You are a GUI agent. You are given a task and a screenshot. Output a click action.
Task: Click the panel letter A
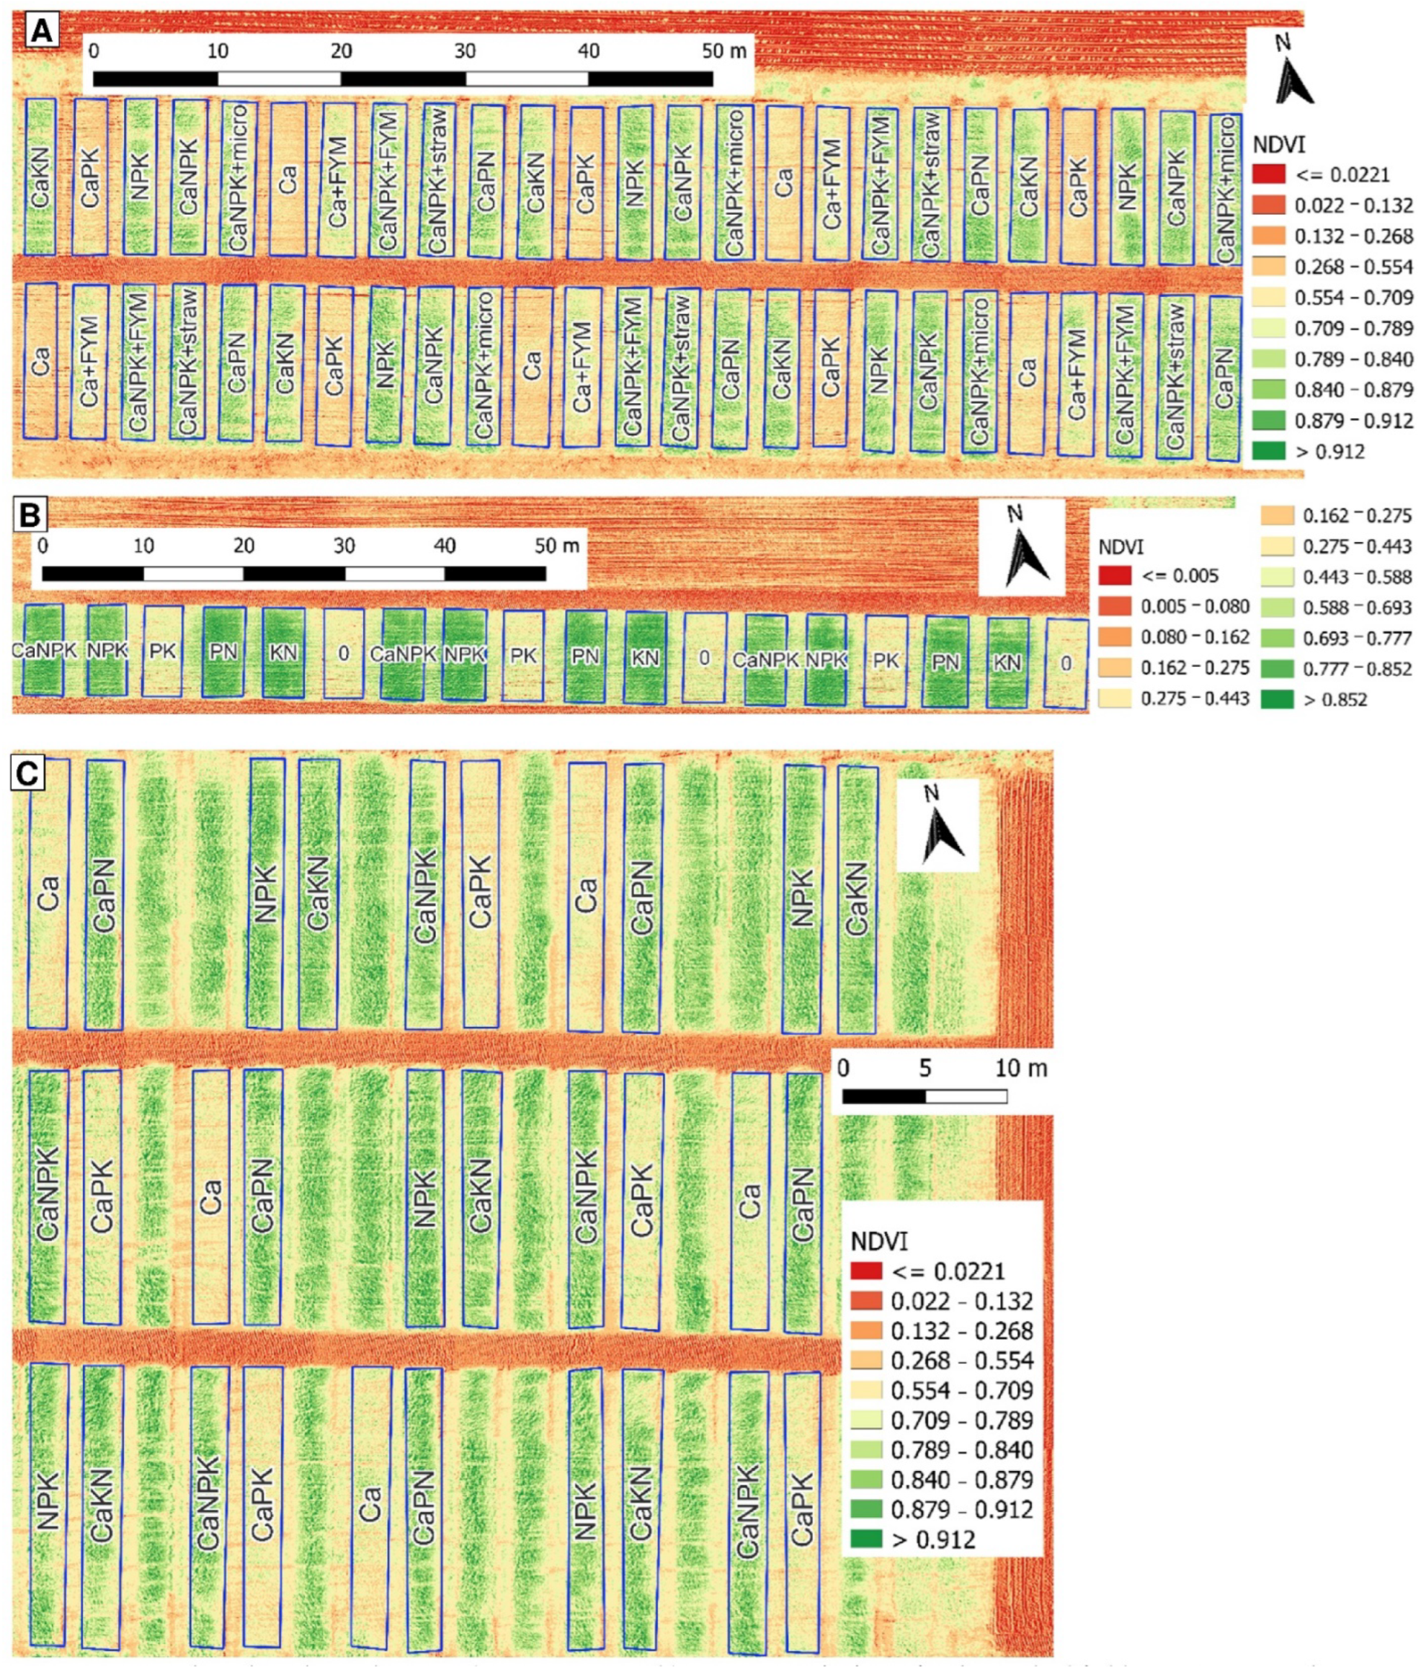point(40,32)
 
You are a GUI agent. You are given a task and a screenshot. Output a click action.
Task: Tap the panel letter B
point(30,515)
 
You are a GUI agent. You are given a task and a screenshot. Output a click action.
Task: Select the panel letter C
point(27,773)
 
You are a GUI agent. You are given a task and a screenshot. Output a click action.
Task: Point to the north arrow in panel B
point(1023,547)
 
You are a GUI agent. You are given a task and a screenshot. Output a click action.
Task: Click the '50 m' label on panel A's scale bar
point(723,51)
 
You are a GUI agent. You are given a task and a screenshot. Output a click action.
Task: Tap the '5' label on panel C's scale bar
point(925,1068)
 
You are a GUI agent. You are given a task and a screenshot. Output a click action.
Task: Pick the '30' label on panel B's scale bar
point(344,546)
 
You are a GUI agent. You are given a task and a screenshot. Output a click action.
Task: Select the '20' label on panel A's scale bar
point(341,51)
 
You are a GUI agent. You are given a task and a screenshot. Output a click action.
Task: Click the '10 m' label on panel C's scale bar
point(1020,1068)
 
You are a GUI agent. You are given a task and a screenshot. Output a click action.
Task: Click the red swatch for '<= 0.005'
point(1114,576)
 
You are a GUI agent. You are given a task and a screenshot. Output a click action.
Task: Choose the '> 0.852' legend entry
point(1334,699)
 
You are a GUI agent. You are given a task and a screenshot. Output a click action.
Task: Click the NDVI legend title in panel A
point(1278,145)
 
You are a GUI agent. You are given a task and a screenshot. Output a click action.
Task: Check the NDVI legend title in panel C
point(879,1241)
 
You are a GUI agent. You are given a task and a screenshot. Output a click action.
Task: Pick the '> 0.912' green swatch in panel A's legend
point(1268,450)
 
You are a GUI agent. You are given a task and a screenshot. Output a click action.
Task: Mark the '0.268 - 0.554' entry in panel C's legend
point(961,1361)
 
